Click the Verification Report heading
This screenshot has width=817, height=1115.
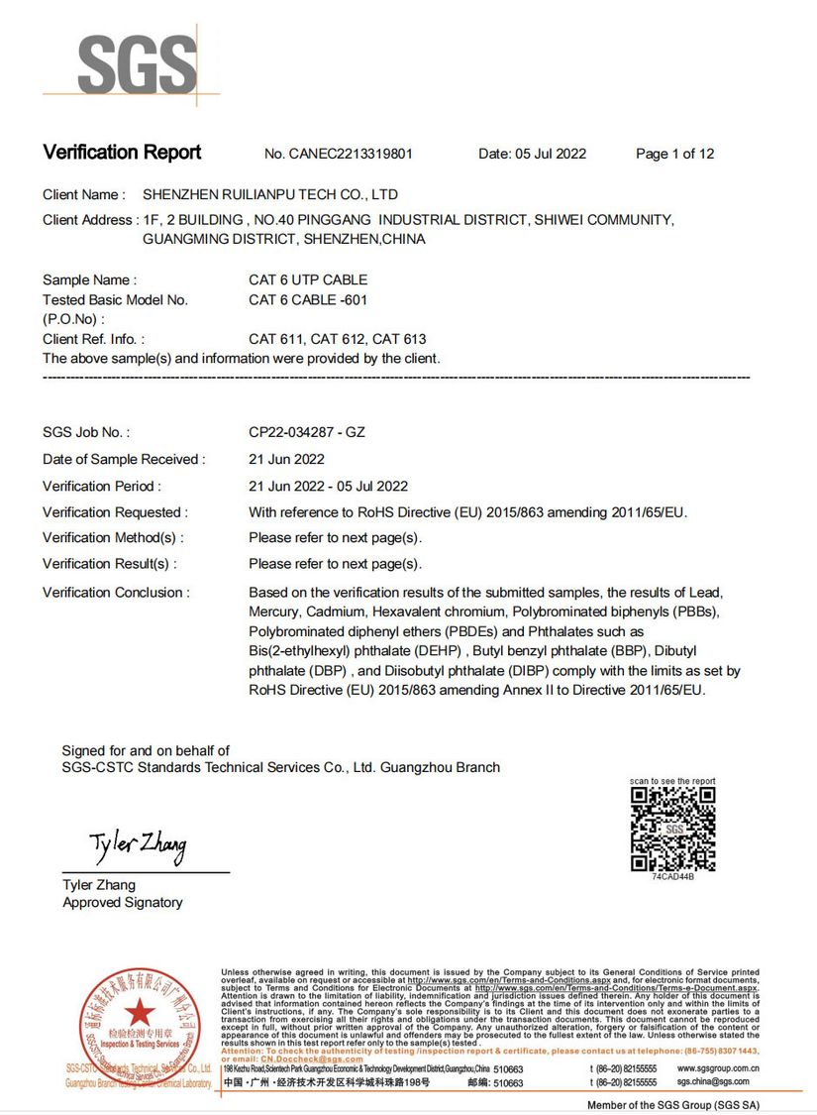click(x=122, y=153)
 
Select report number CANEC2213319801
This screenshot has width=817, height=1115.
click(x=339, y=154)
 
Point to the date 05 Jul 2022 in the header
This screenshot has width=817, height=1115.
click(x=532, y=154)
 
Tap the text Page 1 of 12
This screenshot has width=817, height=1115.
click(x=674, y=154)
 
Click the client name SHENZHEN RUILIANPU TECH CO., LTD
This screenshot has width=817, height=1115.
click(x=270, y=194)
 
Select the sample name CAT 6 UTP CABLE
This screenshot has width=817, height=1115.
click(x=308, y=280)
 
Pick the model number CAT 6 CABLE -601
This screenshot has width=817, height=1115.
click(x=308, y=299)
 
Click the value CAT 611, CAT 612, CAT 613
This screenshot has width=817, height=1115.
click(x=338, y=339)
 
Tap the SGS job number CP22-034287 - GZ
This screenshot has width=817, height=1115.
click(x=307, y=432)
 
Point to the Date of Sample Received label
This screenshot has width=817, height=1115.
click(x=124, y=459)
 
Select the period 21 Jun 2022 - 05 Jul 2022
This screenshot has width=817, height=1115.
click(x=328, y=486)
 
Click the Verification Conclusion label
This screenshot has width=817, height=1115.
click(x=116, y=592)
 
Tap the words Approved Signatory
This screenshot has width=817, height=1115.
click(x=123, y=903)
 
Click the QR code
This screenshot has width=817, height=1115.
click(x=673, y=828)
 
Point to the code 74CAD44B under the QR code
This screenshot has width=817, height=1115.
click(x=673, y=877)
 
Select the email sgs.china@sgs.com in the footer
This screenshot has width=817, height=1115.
click(x=717, y=1083)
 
